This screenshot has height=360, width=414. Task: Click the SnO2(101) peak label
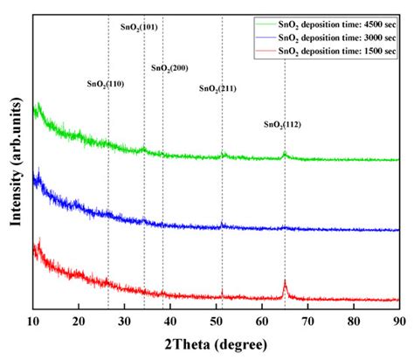pos(141,27)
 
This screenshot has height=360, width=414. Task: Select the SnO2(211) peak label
pos(217,88)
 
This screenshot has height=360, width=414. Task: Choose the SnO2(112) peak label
pos(283,125)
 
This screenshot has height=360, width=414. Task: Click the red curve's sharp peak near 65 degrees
pos(285,282)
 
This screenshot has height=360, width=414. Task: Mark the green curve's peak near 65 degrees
pos(285,154)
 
